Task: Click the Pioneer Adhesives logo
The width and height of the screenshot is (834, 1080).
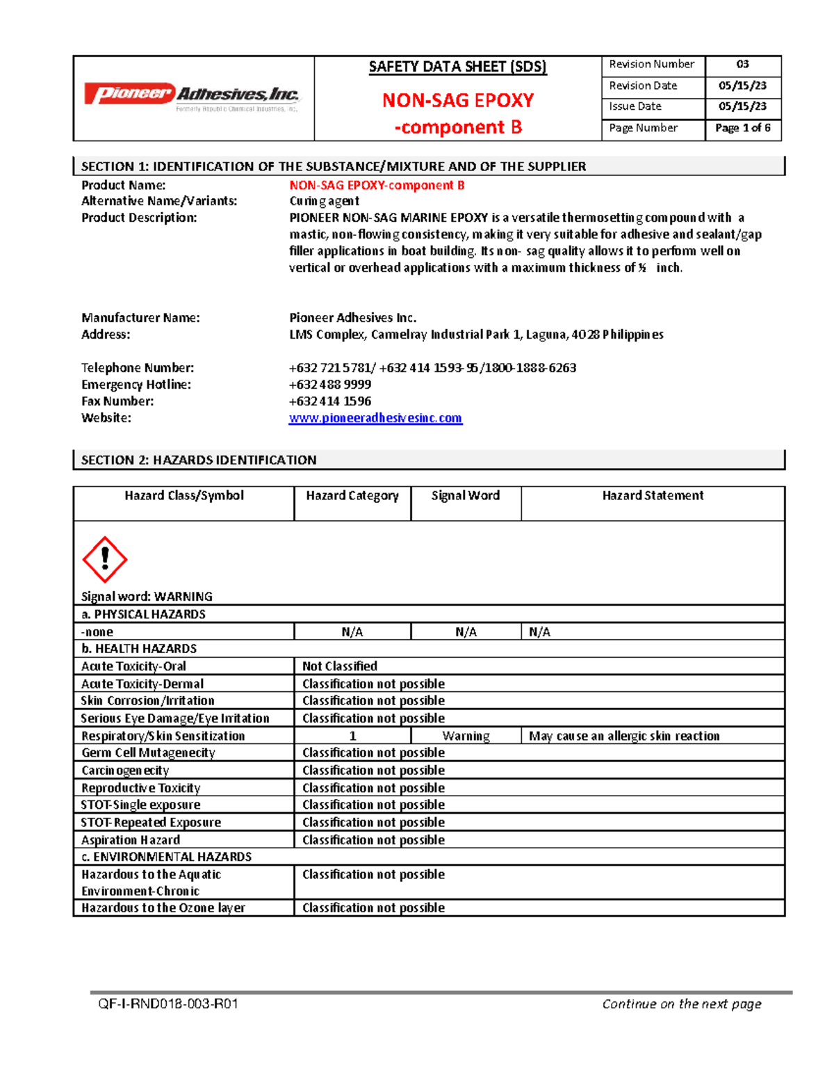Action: (192, 95)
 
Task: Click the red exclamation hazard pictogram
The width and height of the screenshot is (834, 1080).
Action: (104, 559)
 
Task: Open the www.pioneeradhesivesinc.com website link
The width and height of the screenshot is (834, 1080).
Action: (375, 418)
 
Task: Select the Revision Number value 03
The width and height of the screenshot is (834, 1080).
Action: (742, 65)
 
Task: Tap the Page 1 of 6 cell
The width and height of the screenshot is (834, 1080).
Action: (742, 128)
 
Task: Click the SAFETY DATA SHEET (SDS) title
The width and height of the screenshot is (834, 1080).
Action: (457, 67)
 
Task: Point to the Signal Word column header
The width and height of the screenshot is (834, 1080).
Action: (465, 496)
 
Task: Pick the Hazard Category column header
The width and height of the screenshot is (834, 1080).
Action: (352, 496)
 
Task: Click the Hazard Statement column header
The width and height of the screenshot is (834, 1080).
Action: (653, 496)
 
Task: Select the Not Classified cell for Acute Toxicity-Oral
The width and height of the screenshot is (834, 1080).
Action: (340, 666)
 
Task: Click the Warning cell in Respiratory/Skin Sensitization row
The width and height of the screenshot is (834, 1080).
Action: (466, 736)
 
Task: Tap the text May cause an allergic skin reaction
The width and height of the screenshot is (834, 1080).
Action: (624, 736)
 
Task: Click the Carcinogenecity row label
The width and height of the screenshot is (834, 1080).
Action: (125, 771)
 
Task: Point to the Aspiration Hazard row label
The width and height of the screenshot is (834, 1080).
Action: (131, 840)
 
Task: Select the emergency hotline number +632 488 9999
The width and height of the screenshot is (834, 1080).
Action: (330, 385)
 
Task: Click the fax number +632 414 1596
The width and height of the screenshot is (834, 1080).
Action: (330, 401)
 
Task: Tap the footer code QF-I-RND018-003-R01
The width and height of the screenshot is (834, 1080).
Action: (168, 1004)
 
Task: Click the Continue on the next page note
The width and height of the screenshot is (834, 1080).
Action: (682, 1004)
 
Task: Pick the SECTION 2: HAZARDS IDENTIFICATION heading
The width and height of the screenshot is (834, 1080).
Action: (199, 460)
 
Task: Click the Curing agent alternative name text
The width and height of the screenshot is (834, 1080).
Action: (324, 201)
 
